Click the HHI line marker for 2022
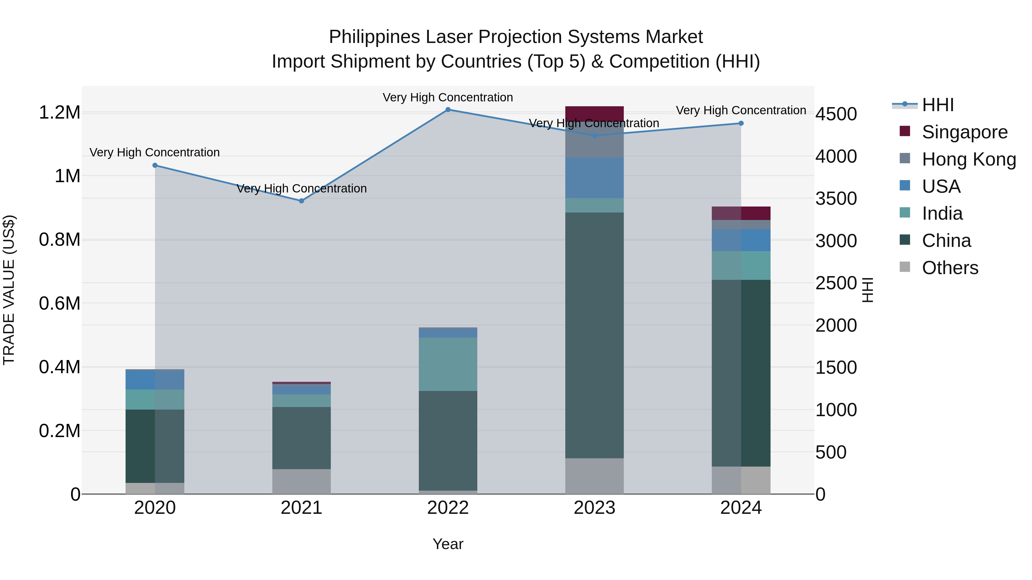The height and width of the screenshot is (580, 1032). click(448, 109)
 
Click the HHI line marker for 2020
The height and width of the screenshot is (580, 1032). click(155, 165)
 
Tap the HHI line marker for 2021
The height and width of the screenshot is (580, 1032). click(302, 201)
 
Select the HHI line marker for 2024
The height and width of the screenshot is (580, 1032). click(741, 123)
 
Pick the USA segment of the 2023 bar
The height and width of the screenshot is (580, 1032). click(594, 178)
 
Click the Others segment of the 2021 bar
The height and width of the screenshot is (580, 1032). click(302, 481)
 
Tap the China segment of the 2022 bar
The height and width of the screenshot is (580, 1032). click(448, 440)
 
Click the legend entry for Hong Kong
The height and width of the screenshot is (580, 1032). click(968, 159)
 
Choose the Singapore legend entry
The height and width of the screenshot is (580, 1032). click(964, 132)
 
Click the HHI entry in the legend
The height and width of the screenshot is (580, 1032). click(937, 105)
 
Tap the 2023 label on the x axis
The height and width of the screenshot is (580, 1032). click(594, 508)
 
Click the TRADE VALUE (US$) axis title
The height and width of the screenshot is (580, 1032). click(9, 290)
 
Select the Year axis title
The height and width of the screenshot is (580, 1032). click(448, 544)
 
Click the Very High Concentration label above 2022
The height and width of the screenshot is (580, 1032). click(447, 97)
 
